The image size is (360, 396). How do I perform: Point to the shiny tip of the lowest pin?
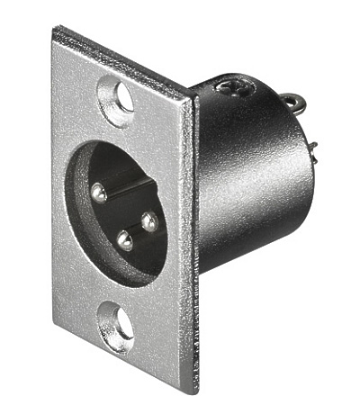124,240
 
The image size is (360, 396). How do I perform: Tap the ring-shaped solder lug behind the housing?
293,101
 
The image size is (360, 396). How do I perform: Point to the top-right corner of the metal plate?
192,97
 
